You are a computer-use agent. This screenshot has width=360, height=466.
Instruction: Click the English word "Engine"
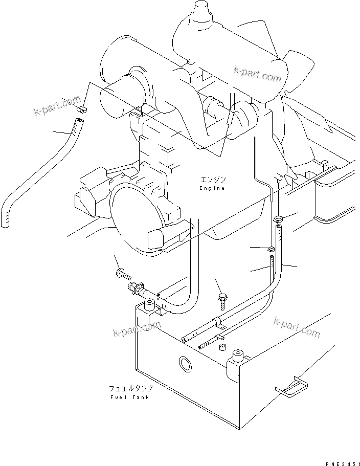point(212,188)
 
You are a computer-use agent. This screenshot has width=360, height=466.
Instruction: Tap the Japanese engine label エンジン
point(212,180)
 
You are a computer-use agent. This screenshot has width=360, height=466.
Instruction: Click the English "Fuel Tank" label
point(130,397)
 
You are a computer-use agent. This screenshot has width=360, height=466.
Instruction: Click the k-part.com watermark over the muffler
point(258,74)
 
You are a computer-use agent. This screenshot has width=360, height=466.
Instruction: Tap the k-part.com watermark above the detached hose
point(57,106)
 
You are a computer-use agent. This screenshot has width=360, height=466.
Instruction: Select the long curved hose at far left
point(36,169)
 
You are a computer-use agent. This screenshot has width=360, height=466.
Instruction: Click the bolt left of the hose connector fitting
point(122,274)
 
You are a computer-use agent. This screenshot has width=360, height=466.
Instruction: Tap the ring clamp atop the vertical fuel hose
point(278,219)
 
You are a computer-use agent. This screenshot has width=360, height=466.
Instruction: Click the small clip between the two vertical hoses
point(272,250)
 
